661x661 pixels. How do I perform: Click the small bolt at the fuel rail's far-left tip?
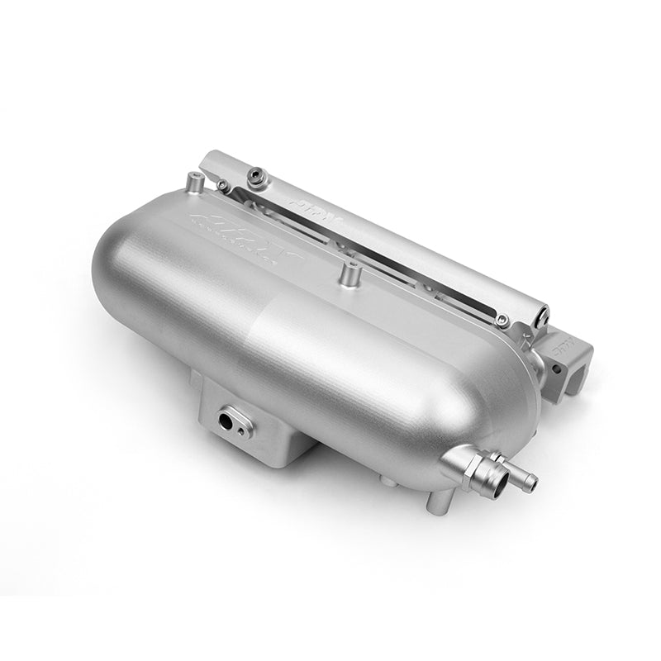coord(223,186)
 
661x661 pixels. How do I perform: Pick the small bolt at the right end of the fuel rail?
coord(502,321)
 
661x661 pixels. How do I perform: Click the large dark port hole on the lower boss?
coord(225,420)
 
